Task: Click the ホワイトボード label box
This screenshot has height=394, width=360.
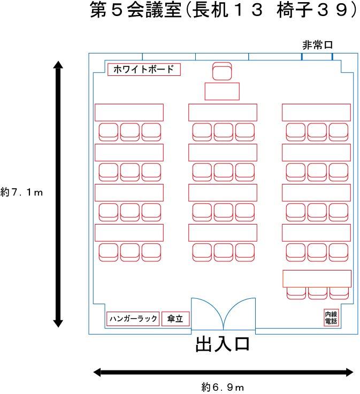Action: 144,69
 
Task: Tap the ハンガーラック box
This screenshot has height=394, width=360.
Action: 133,319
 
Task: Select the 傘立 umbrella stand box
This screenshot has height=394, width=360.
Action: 175,319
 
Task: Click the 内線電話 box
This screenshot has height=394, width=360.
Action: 331,318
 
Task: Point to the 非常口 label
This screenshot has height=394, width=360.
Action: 317,45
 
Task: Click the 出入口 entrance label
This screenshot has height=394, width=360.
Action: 223,344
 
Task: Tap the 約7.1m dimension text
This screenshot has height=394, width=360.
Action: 21,192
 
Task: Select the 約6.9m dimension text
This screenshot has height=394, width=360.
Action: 223,387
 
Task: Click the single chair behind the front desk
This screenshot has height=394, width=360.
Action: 222,71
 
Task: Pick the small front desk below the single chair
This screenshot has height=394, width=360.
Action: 222,91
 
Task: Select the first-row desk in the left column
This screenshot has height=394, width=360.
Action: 129,113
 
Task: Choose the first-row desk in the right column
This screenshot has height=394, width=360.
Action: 316,113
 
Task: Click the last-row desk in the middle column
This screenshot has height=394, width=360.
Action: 223,233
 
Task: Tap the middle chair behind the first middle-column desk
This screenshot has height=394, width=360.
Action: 224,132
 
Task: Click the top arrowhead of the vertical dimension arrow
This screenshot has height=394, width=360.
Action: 58,64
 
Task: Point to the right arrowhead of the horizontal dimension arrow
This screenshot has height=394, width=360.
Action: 350,373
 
